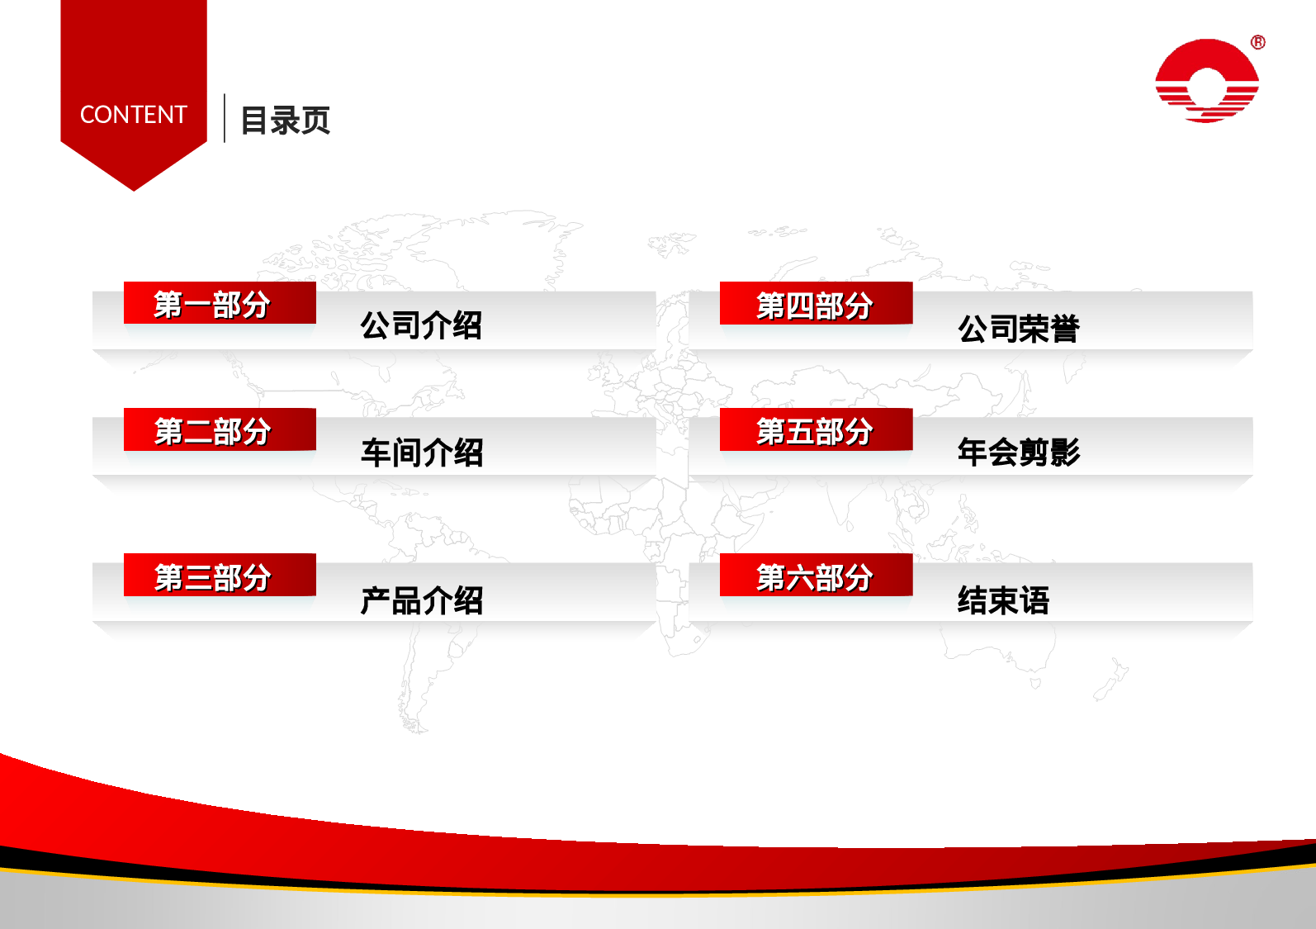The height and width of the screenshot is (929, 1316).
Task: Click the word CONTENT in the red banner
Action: (x=134, y=115)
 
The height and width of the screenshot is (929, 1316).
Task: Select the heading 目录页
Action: (x=285, y=121)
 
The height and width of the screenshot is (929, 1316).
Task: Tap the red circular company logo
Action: (x=1207, y=81)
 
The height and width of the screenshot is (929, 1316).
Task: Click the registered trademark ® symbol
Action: (x=1257, y=42)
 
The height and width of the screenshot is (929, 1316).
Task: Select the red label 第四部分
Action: (x=816, y=303)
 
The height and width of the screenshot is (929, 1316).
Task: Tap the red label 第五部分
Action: (x=816, y=429)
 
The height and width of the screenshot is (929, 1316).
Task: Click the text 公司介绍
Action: (x=421, y=325)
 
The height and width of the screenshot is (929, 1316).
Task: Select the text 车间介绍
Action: (x=421, y=453)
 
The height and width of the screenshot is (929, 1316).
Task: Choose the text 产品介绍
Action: (x=421, y=600)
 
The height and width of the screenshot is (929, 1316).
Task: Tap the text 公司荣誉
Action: (x=1018, y=329)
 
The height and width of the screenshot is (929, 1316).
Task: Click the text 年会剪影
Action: (x=1018, y=452)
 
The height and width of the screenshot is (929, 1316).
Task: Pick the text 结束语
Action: (x=1003, y=600)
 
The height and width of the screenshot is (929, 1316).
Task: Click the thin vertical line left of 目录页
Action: (x=225, y=118)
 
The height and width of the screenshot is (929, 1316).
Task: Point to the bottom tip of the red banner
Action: (x=134, y=189)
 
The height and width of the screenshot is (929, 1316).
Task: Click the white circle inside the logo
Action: (x=1207, y=86)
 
